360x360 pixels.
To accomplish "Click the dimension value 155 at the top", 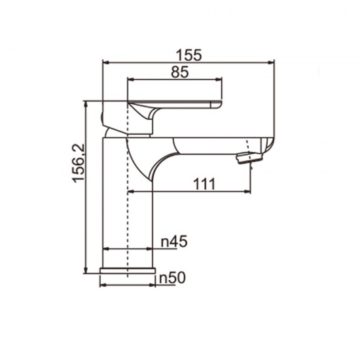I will point(189,54).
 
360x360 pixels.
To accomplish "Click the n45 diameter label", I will point(174,242).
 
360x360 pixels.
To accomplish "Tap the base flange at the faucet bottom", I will point(128,271).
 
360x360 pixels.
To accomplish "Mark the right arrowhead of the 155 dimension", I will point(271,63).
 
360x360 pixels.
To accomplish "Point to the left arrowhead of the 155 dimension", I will point(105,63).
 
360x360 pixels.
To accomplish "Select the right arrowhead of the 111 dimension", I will point(249,192).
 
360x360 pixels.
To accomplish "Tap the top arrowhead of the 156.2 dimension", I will point(86,103).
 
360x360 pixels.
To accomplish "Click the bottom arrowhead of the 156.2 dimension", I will point(86,271).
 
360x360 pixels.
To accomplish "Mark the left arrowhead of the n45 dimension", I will point(105,249).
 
